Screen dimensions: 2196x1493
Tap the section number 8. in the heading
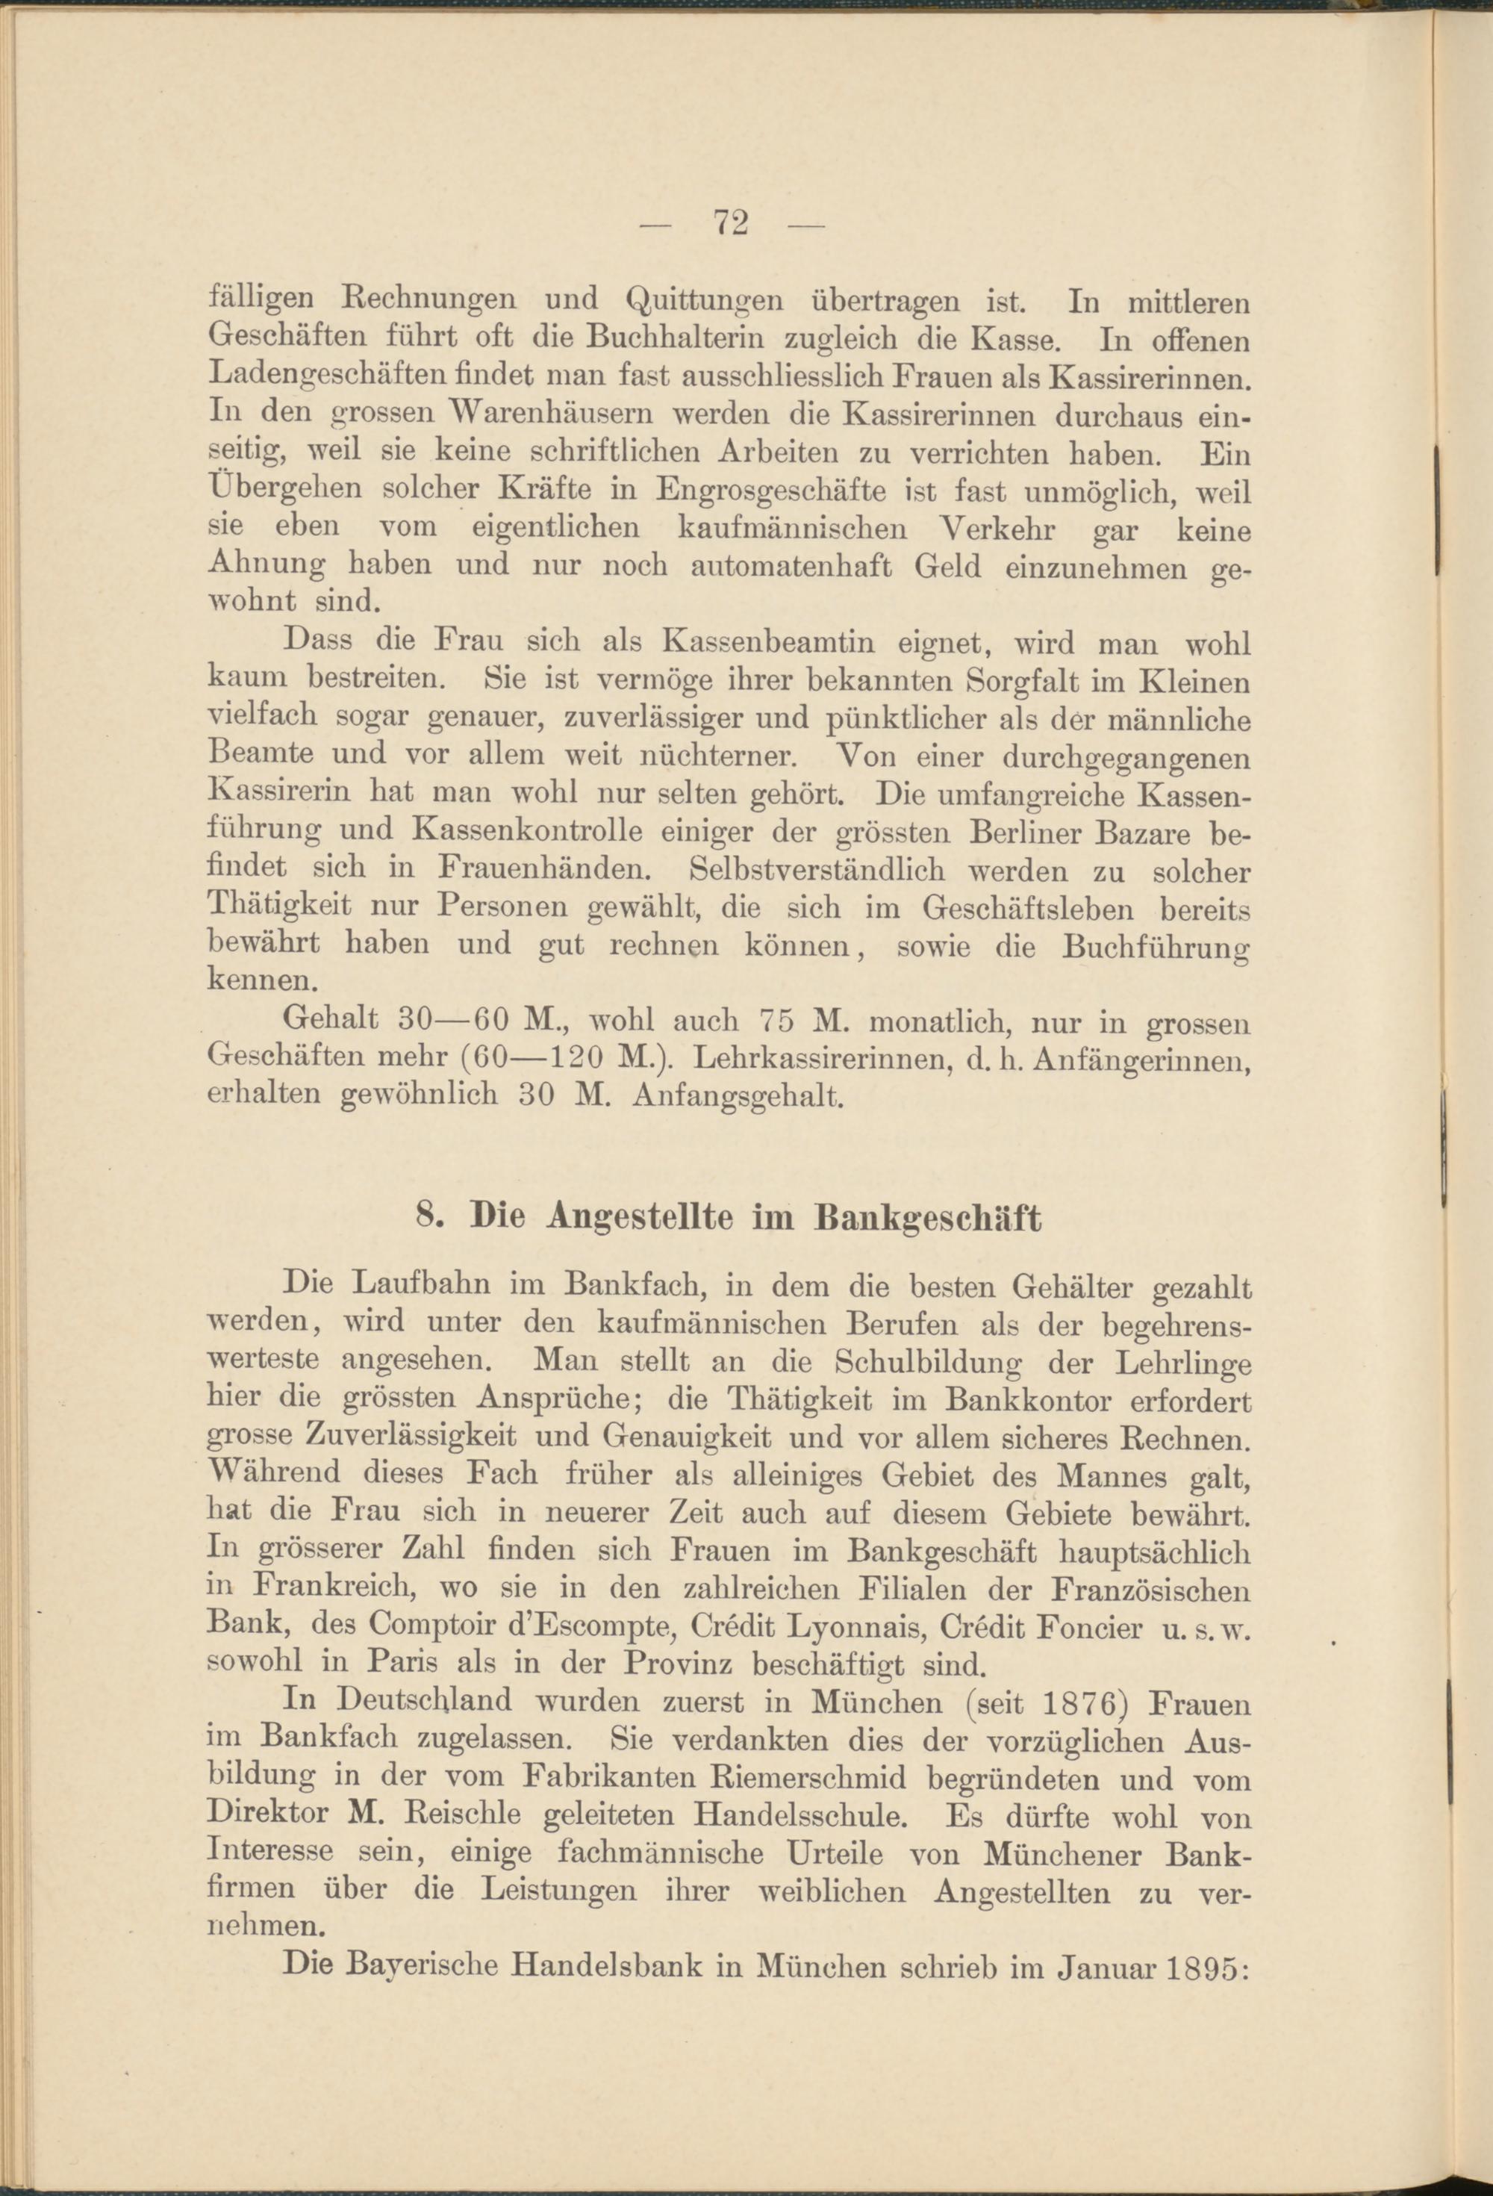tap(431, 1219)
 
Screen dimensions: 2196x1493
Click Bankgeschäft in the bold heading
tap(927, 1219)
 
